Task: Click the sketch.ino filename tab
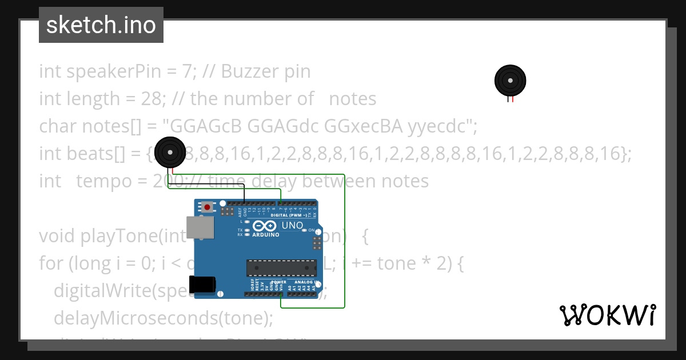[x=101, y=25]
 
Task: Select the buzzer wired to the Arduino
[x=170, y=152]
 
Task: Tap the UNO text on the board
[x=292, y=226]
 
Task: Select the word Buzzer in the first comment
[x=250, y=71]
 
